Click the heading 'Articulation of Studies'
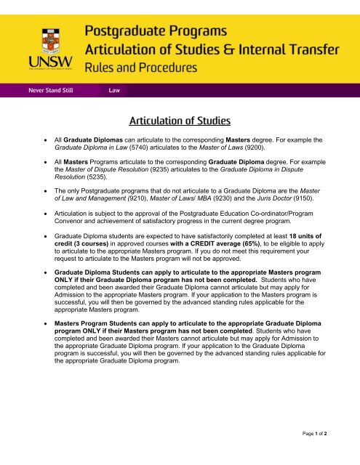point(180,118)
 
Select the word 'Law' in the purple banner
point(114,92)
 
